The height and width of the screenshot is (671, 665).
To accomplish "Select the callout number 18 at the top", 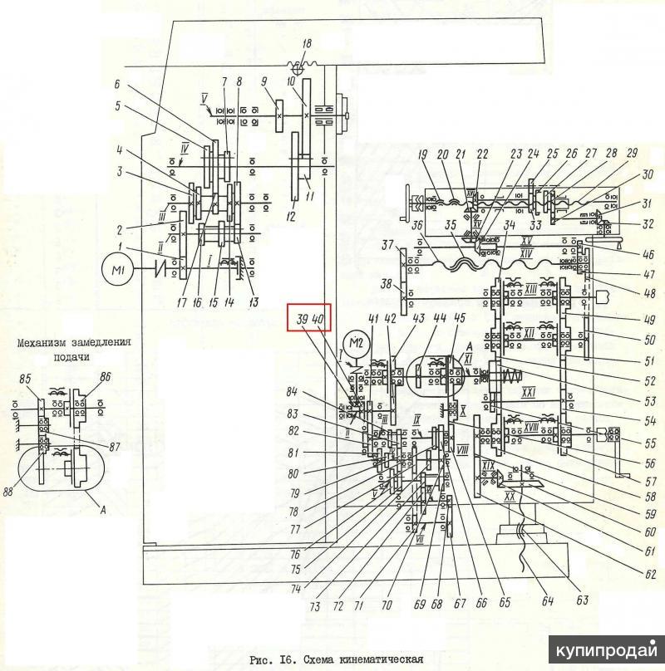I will pyautogui.click(x=307, y=44).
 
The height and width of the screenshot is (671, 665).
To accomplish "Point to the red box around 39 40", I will pyautogui.click(x=310, y=318).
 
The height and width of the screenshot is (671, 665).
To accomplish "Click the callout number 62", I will pyautogui.click(x=650, y=572).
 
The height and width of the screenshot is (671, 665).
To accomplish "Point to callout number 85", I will pyautogui.click(x=25, y=380).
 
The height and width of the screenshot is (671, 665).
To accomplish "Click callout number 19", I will pyautogui.click(x=422, y=154).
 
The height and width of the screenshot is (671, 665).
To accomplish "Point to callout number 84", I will pyautogui.click(x=315, y=391).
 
